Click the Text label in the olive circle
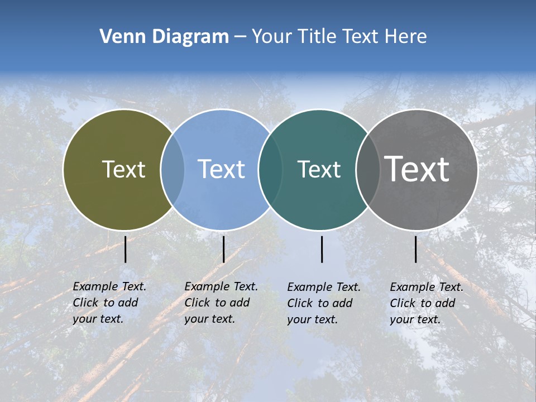click(123, 169)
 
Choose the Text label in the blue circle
click(221, 169)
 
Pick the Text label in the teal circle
click(319, 169)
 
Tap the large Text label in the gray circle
click(417, 169)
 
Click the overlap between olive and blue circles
click(173, 169)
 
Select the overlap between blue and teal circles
click(270, 169)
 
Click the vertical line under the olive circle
click(126, 249)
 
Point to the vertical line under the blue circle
click(223, 249)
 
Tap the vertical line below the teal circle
click(322, 249)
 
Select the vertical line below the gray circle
click(415, 249)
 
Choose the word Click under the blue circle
click(197, 303)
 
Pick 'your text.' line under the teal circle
click(312, 319)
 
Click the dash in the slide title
click(240, 37)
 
